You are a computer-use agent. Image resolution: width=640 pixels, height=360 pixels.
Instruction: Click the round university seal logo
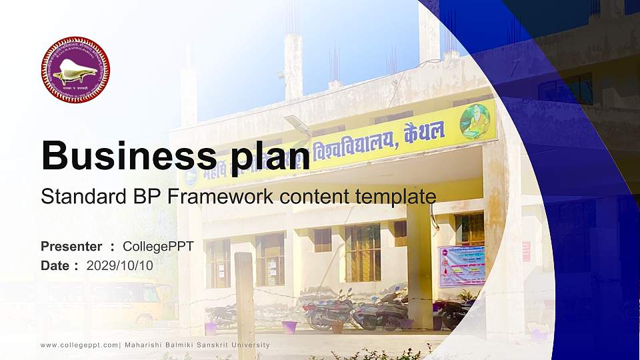tap(75, 70)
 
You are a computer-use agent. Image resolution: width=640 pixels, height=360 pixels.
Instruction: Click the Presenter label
tap(71, 247)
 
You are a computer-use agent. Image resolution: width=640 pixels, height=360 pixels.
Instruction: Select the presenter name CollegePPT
tap(158, 247)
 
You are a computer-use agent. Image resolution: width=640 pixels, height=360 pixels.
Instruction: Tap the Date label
tap(56, 265)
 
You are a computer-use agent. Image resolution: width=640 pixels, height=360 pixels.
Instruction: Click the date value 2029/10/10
tap(120, 265)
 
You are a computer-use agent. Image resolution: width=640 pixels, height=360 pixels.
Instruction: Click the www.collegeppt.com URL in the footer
tap(79, 345)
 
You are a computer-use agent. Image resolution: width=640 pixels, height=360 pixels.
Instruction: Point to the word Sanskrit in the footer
tap(215, 345)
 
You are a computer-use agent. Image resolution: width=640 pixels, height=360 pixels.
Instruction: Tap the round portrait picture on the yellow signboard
tap(475, 120)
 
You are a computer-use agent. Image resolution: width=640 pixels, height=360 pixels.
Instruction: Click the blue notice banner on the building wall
tap(461, 265)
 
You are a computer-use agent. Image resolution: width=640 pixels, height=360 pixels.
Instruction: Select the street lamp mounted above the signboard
tap(297, 125)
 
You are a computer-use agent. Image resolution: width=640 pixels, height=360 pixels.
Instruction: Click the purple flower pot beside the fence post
tap(289, 327)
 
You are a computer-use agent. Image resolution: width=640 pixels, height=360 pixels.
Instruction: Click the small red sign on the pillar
tap(526, 251)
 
